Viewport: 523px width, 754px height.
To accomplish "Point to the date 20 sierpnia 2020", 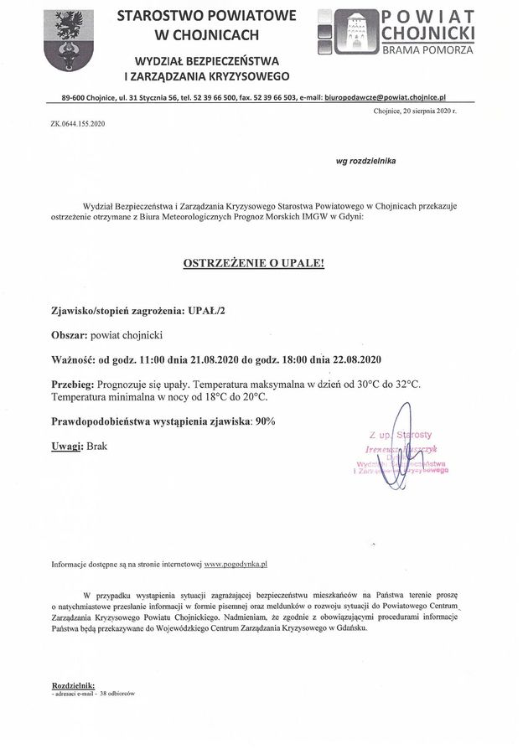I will (x=424, y=111).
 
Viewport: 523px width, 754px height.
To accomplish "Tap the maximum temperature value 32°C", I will (x=406, y=384).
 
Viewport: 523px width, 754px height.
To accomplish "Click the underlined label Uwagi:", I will (x=67, y=446).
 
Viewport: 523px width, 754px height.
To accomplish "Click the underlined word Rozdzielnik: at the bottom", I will (x=73, y=684).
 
